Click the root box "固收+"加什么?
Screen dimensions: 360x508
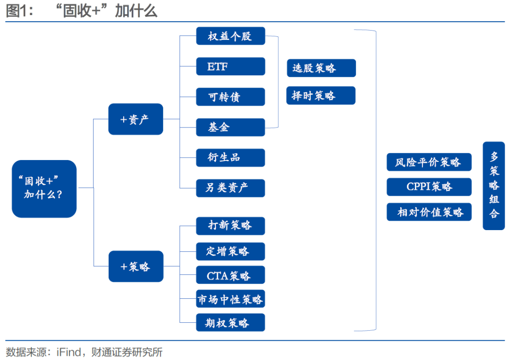44,188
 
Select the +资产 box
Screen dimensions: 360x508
135,119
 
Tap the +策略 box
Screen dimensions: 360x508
135,266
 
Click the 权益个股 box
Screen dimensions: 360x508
230,36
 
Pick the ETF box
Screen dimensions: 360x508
230,66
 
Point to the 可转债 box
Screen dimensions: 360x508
230,97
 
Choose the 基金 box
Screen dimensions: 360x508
230,127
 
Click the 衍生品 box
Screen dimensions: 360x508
230,158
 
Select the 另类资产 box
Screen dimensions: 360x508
230,188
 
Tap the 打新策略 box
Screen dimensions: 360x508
230,225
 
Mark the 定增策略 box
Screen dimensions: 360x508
230,251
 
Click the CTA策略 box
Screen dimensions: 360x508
230,275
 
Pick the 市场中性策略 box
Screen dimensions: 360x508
230,299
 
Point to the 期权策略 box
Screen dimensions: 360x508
230,323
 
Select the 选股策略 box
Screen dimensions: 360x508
321,68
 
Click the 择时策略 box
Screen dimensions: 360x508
321,96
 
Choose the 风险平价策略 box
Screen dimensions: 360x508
429,162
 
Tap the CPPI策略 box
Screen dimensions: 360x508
429,187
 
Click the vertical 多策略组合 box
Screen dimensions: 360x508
493,185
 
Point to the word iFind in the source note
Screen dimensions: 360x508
70,352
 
